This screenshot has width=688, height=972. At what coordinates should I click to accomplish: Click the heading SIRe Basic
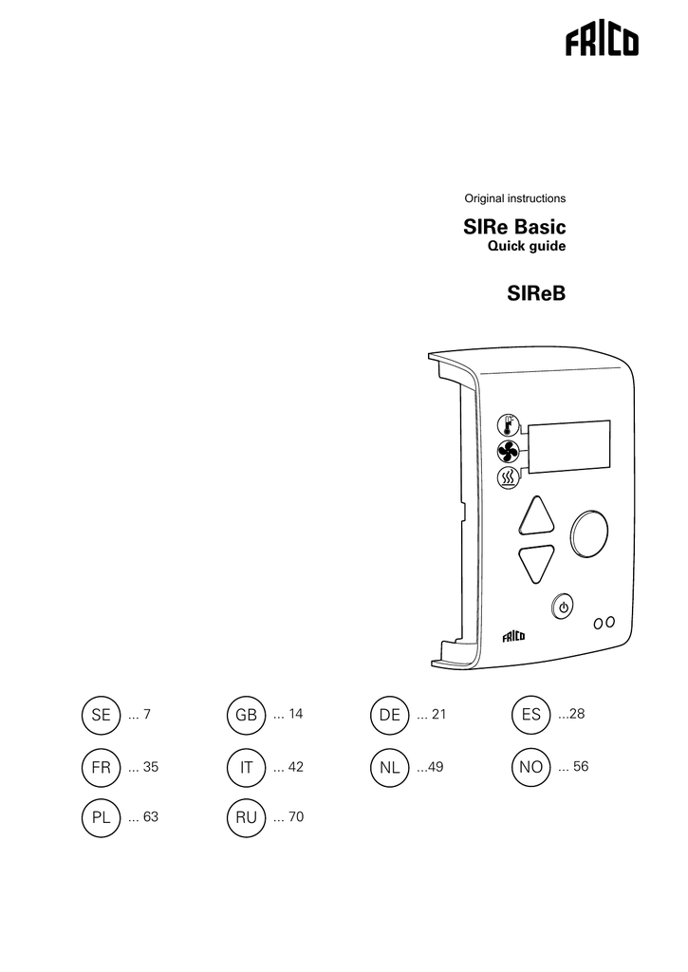[513, 227]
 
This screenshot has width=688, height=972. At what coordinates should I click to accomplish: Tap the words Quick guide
[527, 246]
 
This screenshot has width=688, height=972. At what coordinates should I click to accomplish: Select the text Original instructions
[515, 198]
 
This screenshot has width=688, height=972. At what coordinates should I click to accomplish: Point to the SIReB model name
[536, 292]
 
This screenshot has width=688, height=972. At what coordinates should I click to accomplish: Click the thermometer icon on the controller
[509, 426]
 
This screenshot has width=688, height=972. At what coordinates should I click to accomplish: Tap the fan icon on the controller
[509, 452]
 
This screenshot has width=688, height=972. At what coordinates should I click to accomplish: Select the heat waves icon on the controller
[509, 477]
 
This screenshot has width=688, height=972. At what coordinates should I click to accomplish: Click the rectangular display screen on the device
[568, 447]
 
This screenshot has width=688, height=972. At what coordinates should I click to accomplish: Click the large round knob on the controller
[588, 532]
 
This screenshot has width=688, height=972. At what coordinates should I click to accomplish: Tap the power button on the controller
[563, 607]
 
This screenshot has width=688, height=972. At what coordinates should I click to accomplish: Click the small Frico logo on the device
[513, 637]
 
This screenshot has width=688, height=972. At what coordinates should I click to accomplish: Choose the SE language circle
[101, 715]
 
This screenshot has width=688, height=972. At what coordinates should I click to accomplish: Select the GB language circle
[246, 715]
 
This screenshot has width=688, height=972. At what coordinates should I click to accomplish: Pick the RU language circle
[246, 817]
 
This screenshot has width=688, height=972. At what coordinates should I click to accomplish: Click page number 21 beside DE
[438, 714]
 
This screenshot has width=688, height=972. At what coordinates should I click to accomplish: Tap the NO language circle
[531, 767]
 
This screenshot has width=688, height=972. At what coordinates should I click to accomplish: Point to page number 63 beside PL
[151, 817]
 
